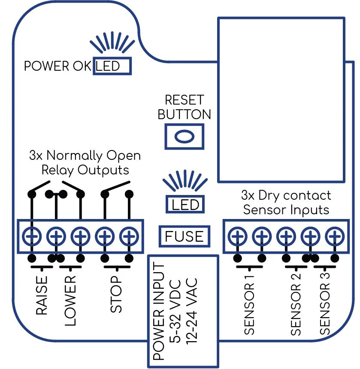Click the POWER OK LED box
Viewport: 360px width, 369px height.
coord(112,66)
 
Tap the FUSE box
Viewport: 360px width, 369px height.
coord(184,236)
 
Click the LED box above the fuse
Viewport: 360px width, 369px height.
coord(185,204)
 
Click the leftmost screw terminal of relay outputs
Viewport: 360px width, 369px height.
coord(31,236)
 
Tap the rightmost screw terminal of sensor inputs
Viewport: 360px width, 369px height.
coord(335,236)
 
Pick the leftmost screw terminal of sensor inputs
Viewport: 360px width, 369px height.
coord(236,236)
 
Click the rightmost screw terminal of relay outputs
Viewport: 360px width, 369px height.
coord(129,236)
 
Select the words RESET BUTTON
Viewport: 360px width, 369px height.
coord(185,107)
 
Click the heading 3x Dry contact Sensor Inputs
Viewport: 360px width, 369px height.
coord(286,203)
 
